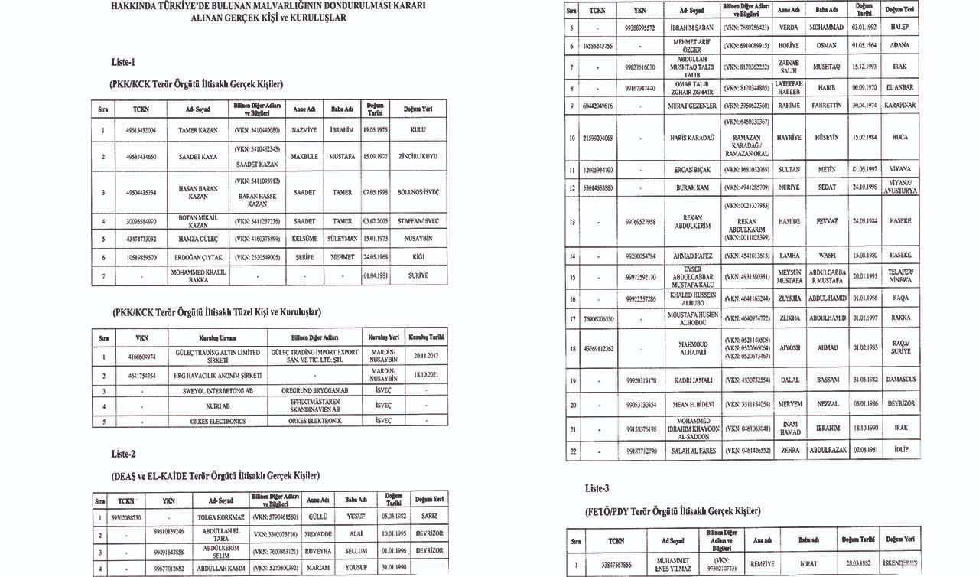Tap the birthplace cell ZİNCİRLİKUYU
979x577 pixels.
418,157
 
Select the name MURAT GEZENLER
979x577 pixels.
693,105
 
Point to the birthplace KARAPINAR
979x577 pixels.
899,105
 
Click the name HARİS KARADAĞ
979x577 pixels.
693,138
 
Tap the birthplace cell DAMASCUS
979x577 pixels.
899,380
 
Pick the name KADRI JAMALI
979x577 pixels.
693,380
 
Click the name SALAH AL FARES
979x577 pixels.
693,451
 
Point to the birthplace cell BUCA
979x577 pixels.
899,138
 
